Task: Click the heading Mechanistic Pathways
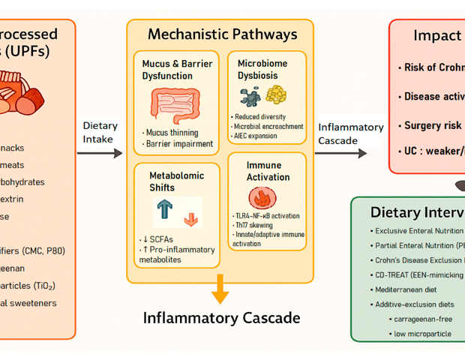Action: click(222, 34)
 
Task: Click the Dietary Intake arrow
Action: click(100, 153)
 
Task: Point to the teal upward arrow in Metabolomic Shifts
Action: click(166, 211)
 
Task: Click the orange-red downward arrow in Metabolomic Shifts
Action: click(190, 218)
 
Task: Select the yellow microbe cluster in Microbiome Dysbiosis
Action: click(277, 94)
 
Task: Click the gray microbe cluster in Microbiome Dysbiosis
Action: click(250, 95)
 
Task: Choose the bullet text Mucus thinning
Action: click(172, 132)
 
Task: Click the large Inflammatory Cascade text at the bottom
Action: click(222, 318)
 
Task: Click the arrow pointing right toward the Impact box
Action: click(341, 153)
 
